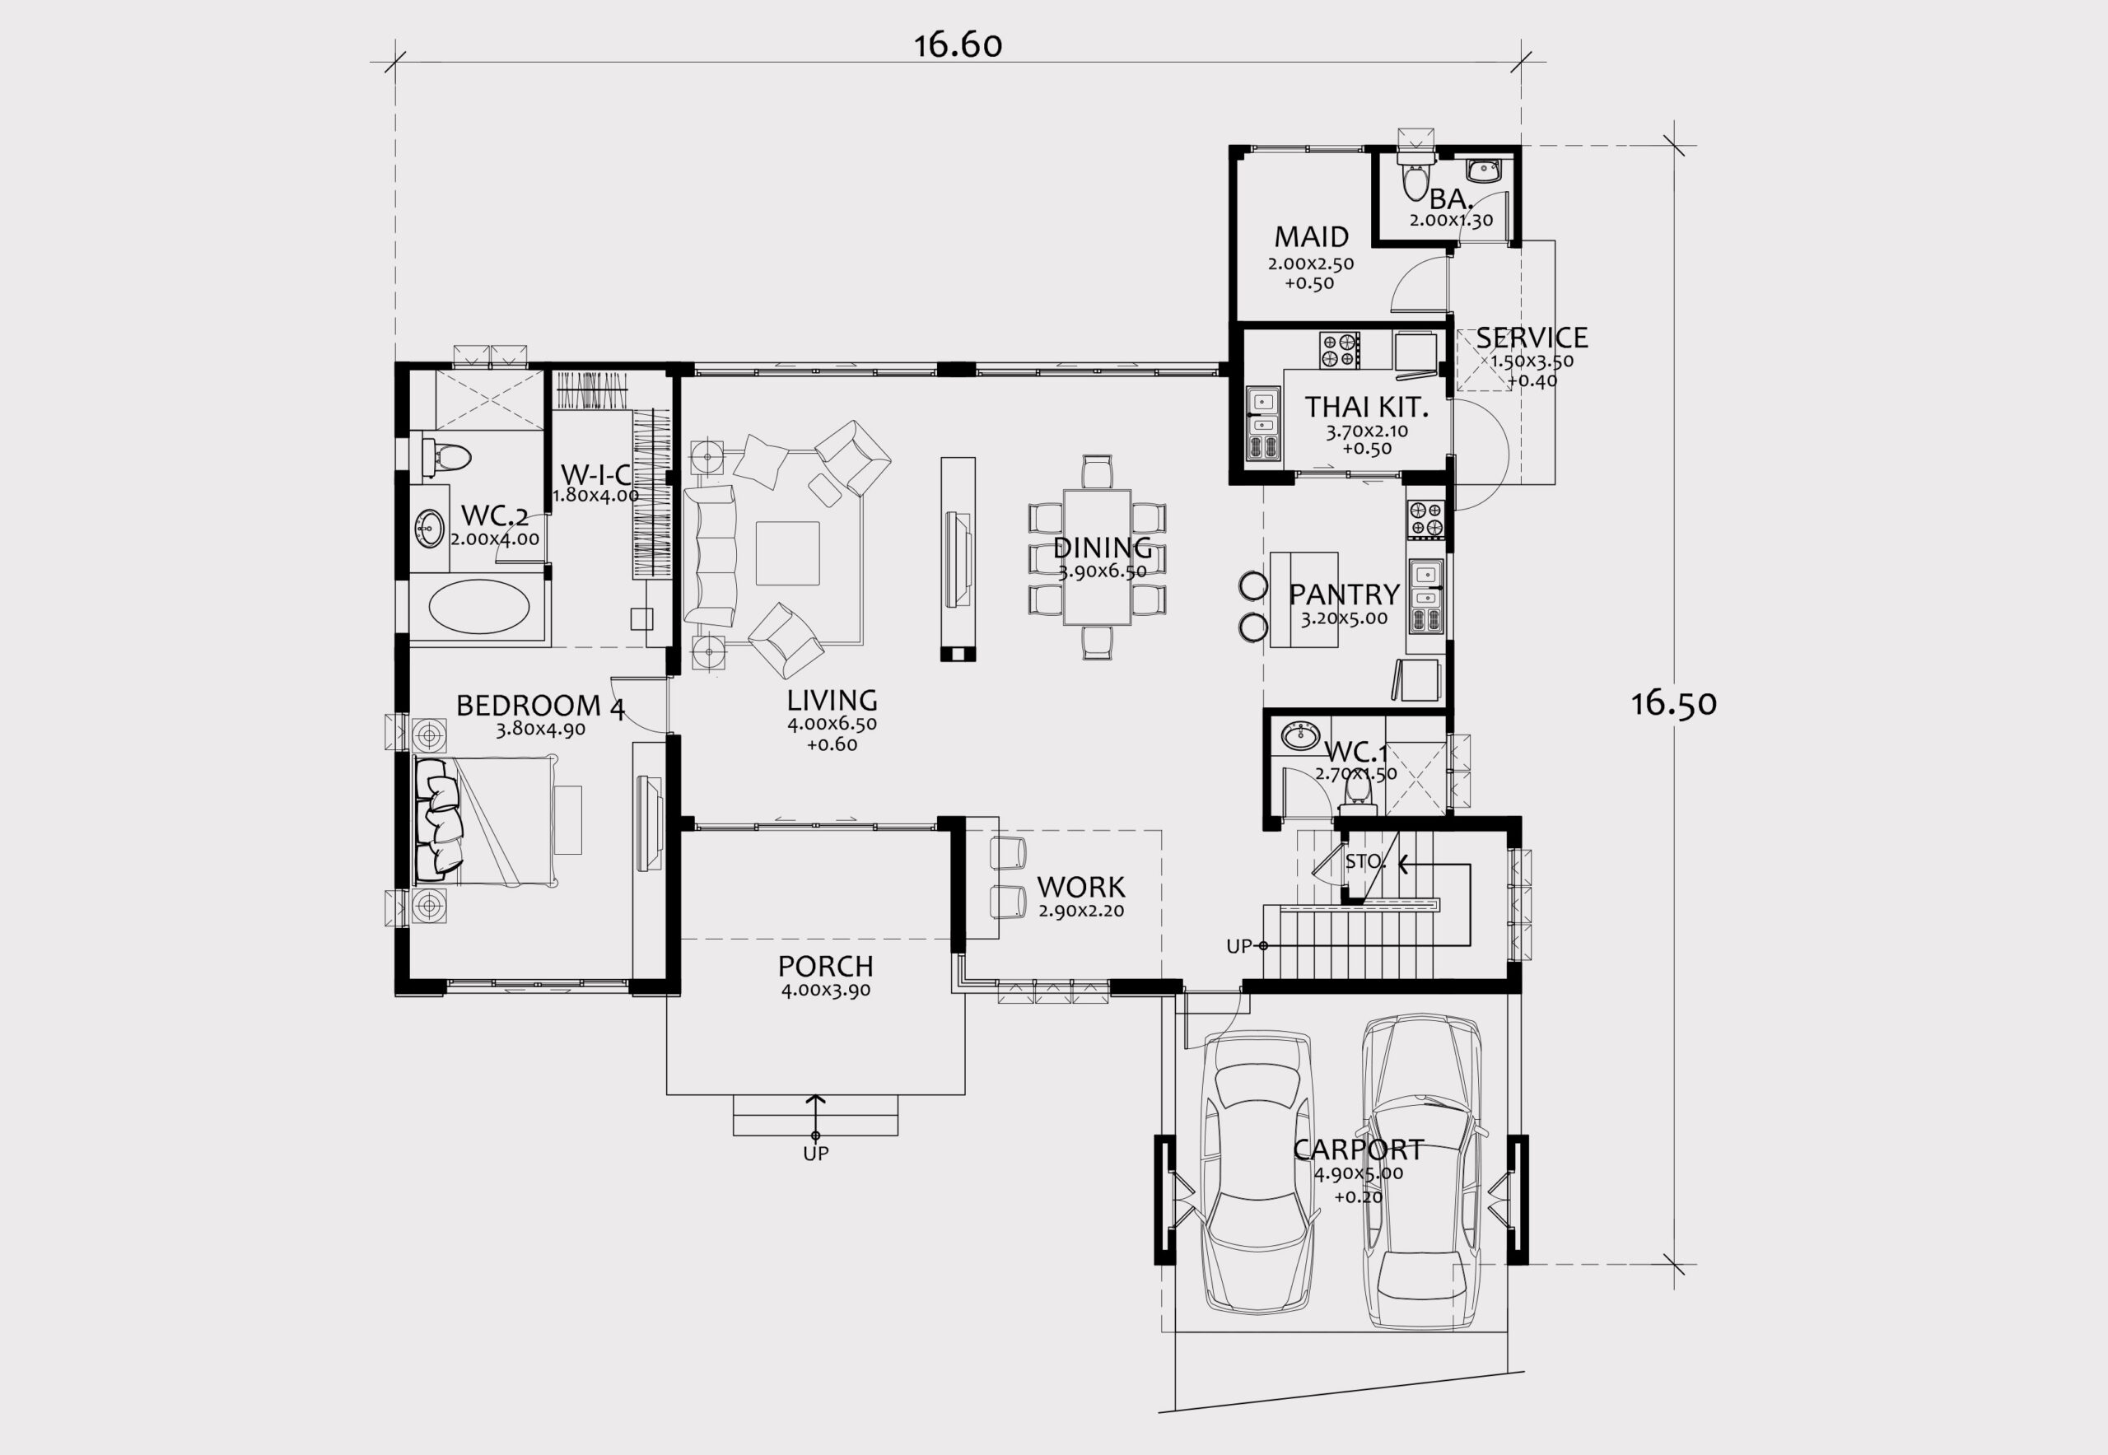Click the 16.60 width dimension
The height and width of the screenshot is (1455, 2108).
coord(958,44)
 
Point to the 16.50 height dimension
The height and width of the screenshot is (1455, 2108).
coord(1674,703)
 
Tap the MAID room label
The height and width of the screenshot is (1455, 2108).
coord(1311,237)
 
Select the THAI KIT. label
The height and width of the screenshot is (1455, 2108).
coord(1366,407)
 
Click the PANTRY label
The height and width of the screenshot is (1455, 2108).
coord(1344,595)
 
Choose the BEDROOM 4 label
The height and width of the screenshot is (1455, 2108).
coord(541,706)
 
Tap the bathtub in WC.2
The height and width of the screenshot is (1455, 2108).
coord(478,607)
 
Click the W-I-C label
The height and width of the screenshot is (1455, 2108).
coord(595,474)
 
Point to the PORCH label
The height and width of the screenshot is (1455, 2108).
coord(825,967)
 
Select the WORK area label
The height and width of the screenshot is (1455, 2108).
coord(1081,887)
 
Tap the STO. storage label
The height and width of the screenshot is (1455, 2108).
coord(1366,861)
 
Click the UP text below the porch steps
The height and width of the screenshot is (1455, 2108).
coord(815,1154)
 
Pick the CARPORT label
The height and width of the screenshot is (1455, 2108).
coord(1359,1150)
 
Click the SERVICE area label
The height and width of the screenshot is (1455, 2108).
coord(1532,338)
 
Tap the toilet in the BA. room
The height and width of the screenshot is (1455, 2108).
coord(1415,179)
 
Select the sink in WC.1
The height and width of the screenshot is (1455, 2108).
coord(1299,734)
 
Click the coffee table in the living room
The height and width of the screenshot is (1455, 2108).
coord(788,553)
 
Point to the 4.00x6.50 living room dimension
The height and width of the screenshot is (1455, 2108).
coord(832,725)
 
